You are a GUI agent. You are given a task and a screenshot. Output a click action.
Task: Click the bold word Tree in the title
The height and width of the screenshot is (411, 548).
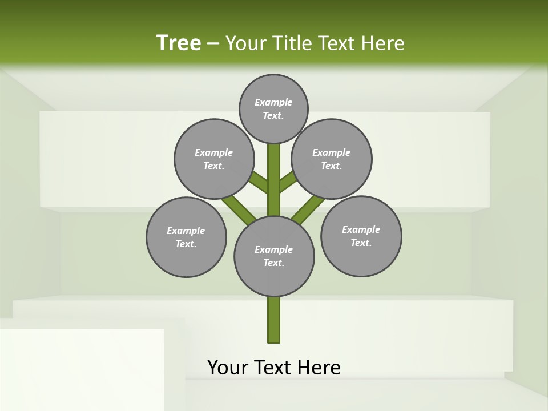pos(179,43)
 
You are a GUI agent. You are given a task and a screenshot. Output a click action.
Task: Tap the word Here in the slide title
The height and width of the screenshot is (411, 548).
pos(382,43)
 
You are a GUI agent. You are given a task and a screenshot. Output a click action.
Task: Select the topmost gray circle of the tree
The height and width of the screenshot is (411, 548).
pos(273,108)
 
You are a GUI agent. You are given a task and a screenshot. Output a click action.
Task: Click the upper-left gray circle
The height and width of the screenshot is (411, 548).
pos(214,159)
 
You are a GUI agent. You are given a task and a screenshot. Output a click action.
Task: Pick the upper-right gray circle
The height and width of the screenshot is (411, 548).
pos(332,159)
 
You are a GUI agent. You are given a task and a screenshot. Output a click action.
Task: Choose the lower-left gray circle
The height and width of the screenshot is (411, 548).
pos(186,237)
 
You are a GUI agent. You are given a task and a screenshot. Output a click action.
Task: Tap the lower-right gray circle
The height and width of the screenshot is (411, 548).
pos(361,236)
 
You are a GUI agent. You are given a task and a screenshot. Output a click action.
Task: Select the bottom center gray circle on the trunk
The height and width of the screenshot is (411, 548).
pos(274,256)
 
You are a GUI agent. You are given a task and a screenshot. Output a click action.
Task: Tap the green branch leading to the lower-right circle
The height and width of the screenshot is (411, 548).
pos(308,209)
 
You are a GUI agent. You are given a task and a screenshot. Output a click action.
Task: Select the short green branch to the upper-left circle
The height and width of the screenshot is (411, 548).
pos(259,183)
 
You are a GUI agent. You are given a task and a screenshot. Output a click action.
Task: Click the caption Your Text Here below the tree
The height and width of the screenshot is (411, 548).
pos(274,367)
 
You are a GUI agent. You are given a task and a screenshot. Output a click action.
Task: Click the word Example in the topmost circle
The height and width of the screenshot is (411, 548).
pos(273,102)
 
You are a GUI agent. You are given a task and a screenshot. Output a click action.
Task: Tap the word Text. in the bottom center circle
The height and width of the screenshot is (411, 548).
pos(273,263)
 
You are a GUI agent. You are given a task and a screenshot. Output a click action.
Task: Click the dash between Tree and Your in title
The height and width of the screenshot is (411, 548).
pos(213,44)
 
